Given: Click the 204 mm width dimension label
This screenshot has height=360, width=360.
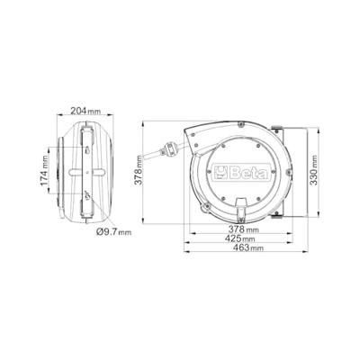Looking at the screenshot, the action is (85, 111).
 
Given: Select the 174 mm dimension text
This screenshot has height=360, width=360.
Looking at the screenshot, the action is (45, 170).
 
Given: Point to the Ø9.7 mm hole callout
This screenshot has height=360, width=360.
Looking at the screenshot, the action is (114, 231).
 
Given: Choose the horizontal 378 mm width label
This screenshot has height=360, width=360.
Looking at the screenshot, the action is (244, 229).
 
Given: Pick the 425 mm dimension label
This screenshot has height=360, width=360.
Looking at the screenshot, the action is (240, 238).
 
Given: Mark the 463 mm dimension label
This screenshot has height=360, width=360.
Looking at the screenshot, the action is (248, 247).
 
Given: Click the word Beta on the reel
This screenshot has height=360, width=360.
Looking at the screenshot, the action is (248, 173).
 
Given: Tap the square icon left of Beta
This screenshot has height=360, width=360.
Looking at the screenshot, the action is (221, 173).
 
